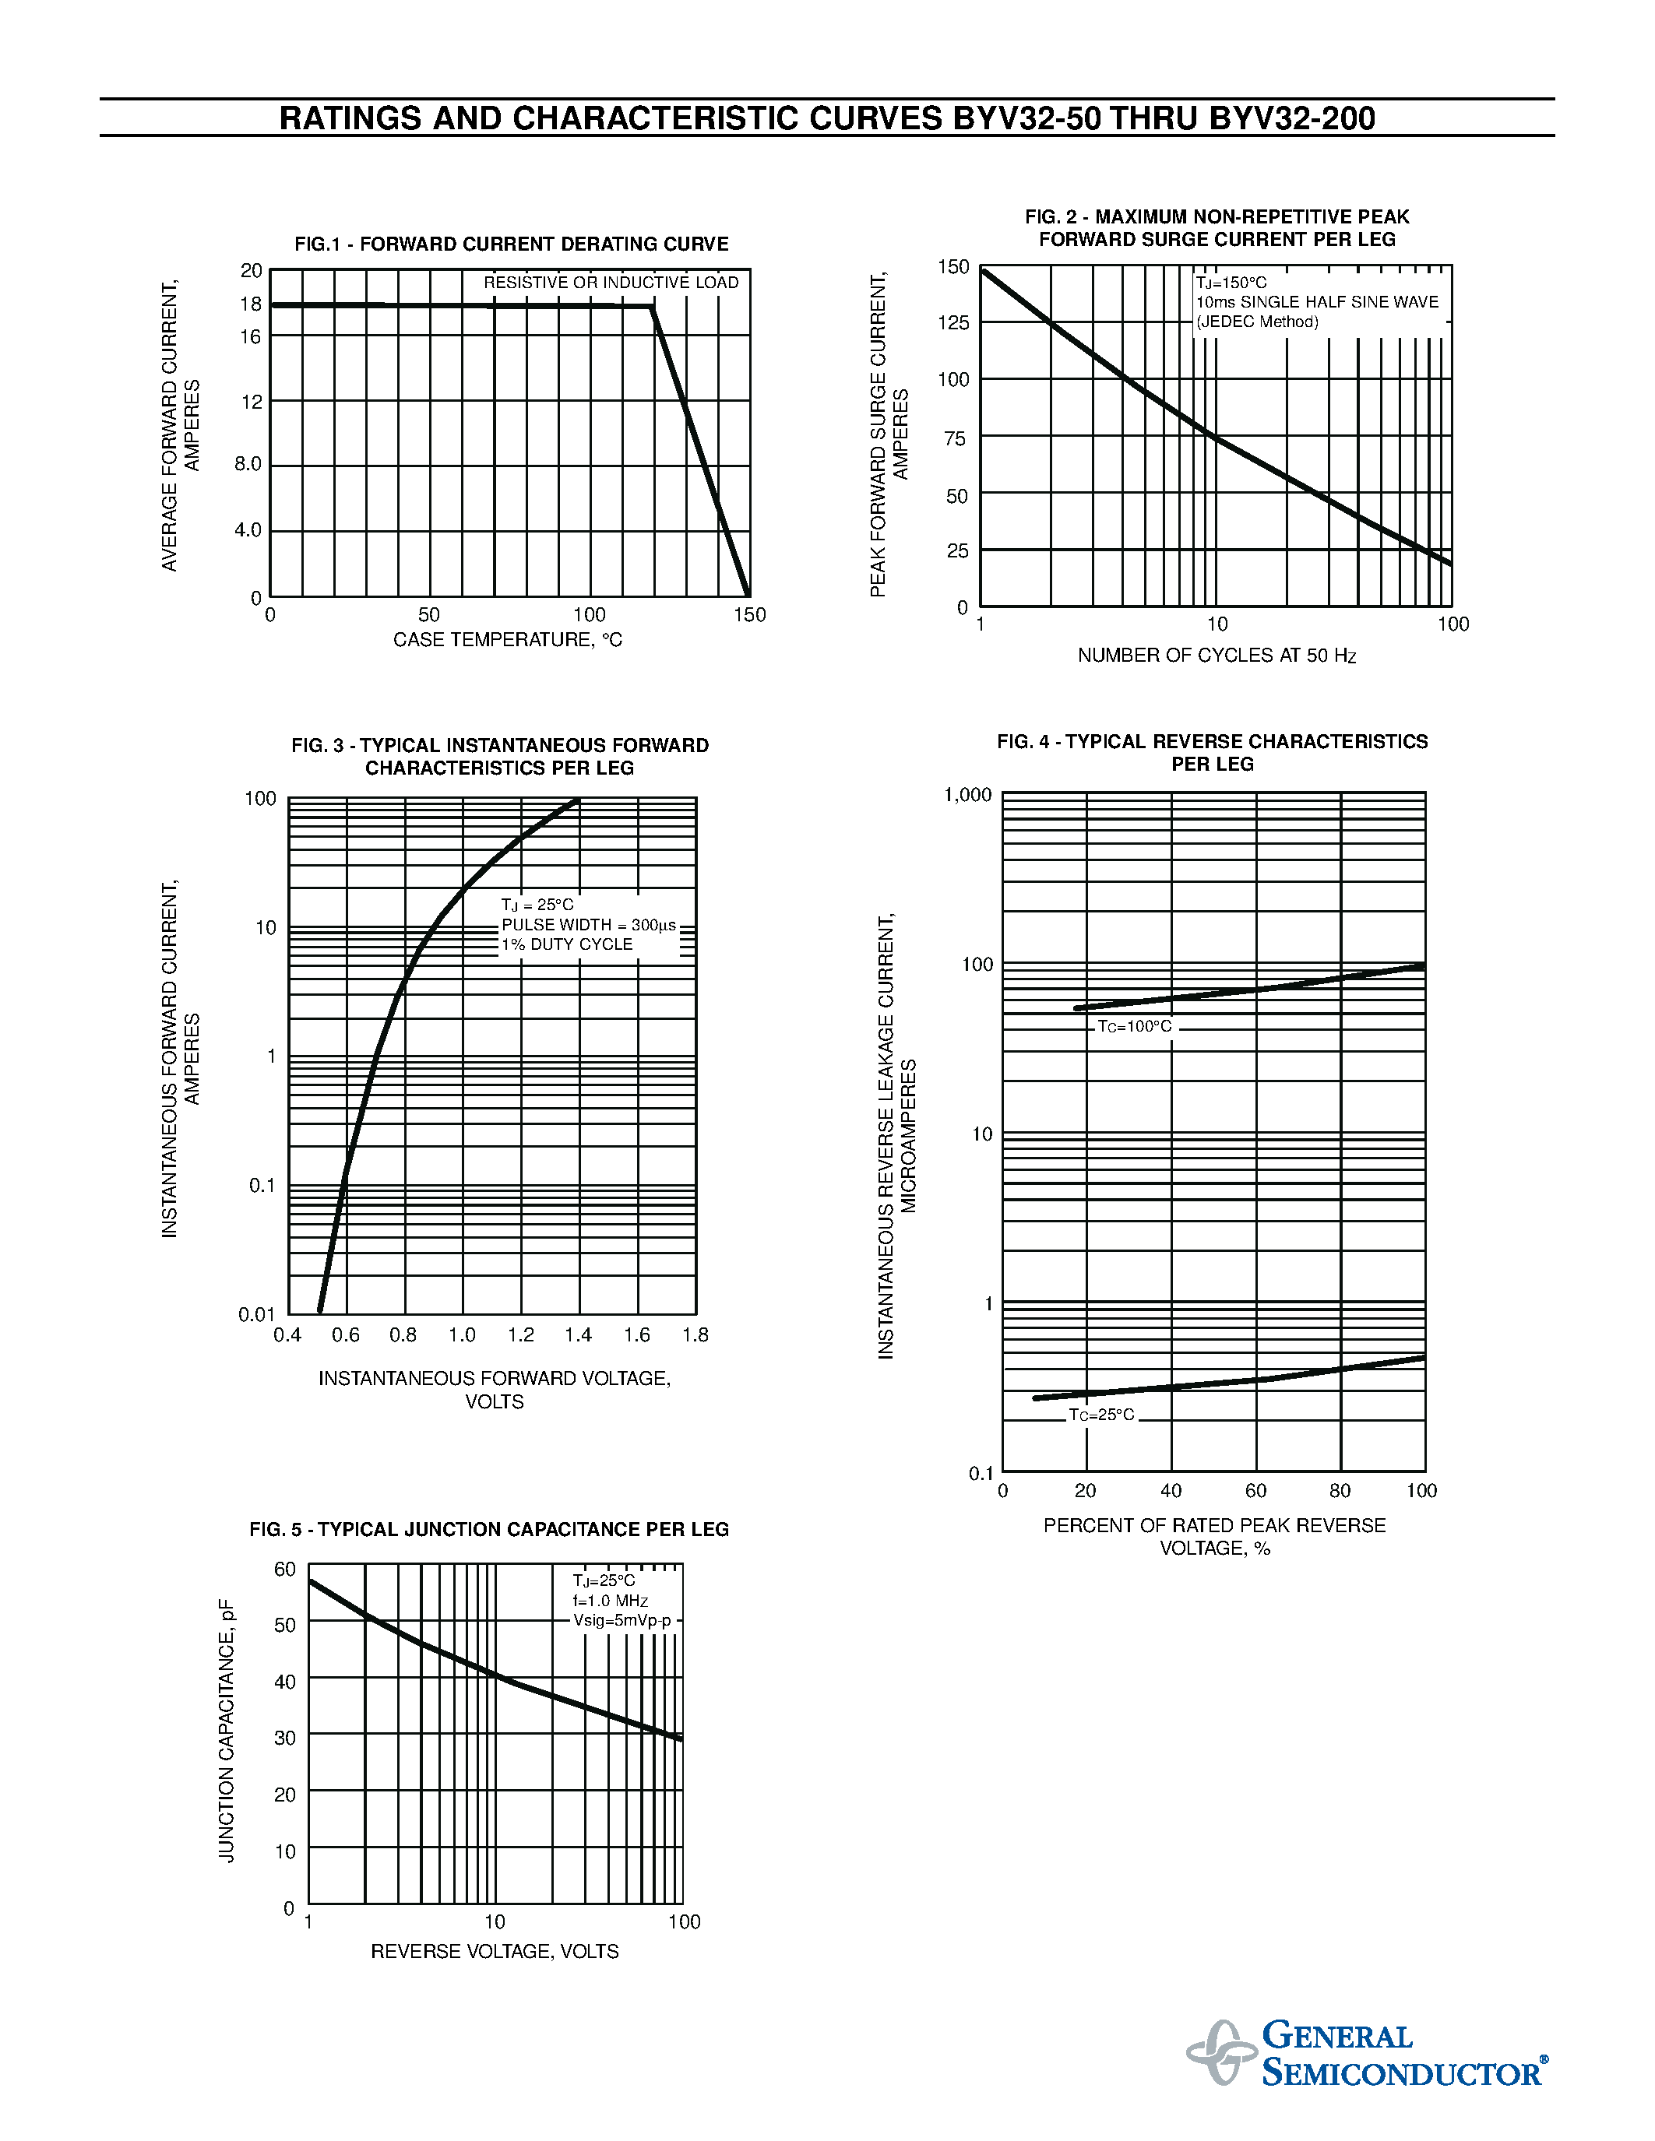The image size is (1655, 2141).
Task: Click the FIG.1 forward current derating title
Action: click(x=511, y=244)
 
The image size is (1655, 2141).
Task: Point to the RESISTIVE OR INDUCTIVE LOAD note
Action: click(x=611, y=283)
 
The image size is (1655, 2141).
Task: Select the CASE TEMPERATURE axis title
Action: click(x=507, y=640)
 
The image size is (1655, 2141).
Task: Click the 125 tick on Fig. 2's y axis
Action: click(x=953, y=322)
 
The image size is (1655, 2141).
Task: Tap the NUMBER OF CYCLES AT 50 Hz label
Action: click(x=1216, y=656)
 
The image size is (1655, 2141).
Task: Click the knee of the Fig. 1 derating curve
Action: click(x=653, y=308)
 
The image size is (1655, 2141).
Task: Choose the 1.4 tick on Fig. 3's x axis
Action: click(x=579, y=1335)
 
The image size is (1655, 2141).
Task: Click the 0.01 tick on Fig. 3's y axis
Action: click(x=257, y=1315)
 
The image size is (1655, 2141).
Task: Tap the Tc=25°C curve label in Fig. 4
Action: click(x=1102, y=1415)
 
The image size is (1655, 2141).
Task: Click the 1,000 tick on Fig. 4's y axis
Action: click(x=968, y=795)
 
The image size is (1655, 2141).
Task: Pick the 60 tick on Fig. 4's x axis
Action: click(x=1256, y=1491)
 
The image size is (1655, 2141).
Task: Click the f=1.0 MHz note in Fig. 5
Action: click(x=611, y=1601)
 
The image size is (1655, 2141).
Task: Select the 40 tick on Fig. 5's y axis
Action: click(x=284, y=1682)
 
